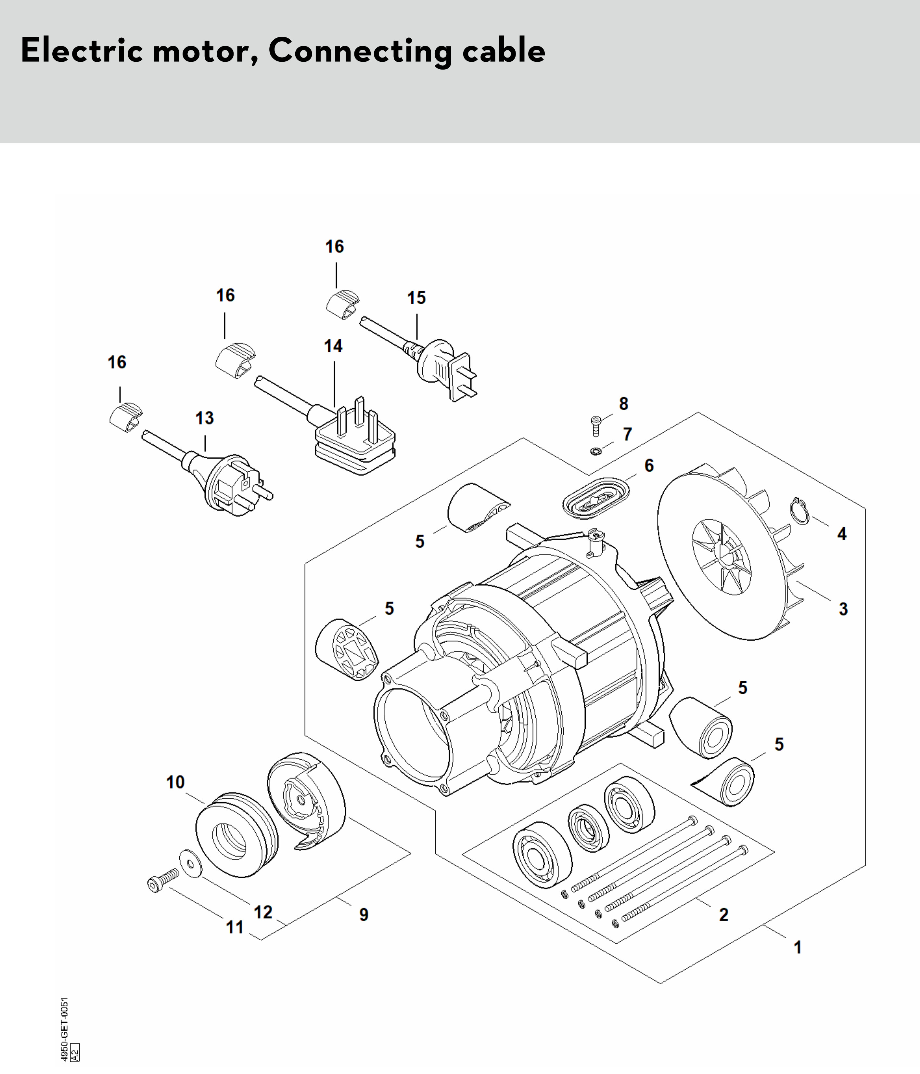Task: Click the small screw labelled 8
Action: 596,426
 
